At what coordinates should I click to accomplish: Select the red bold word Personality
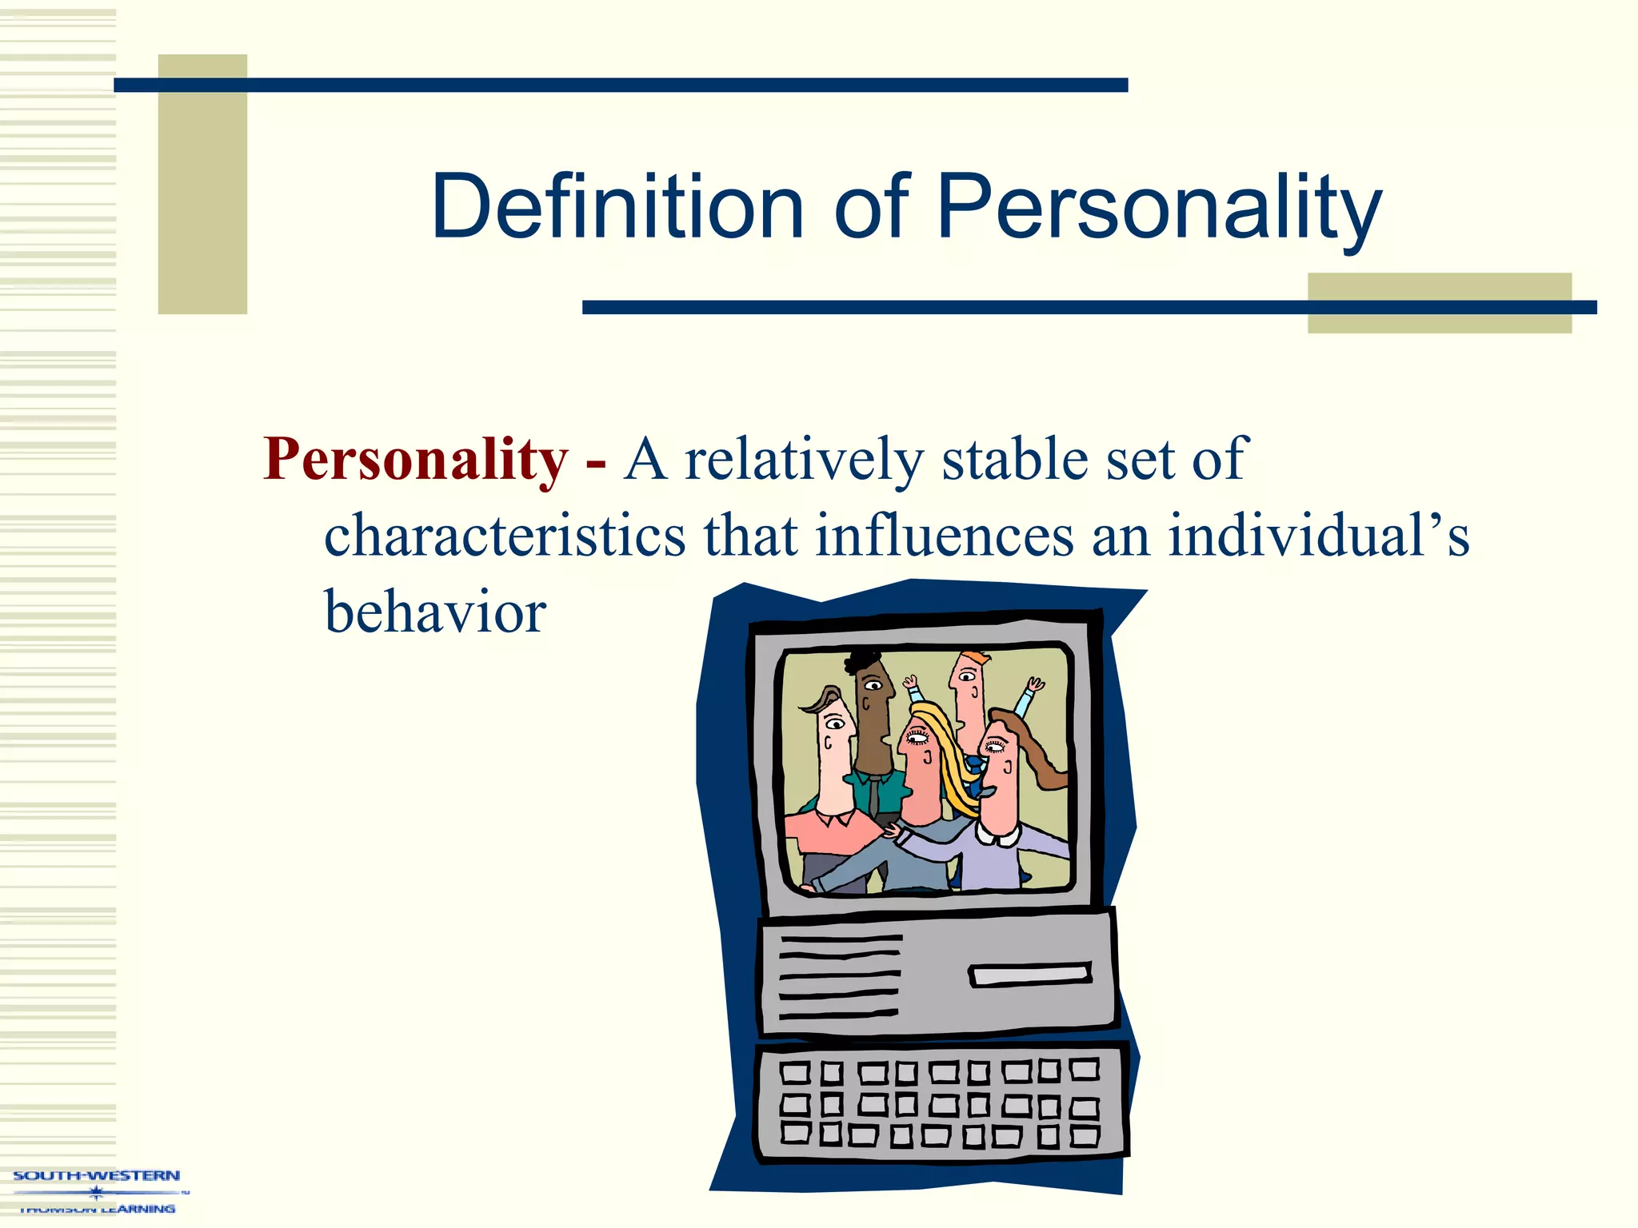click(415, 460)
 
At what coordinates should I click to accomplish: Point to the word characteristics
click(505, 535)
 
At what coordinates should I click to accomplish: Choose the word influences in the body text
click(944, 535)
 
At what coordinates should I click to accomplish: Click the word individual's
click(1318, 535)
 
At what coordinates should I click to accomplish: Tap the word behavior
click(435, 612)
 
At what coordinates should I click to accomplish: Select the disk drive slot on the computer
click(1029, 975)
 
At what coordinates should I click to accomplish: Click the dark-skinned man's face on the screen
click(874, 704)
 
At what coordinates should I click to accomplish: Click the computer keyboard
click(941, 1101)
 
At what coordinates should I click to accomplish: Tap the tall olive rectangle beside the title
click(202, 184)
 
